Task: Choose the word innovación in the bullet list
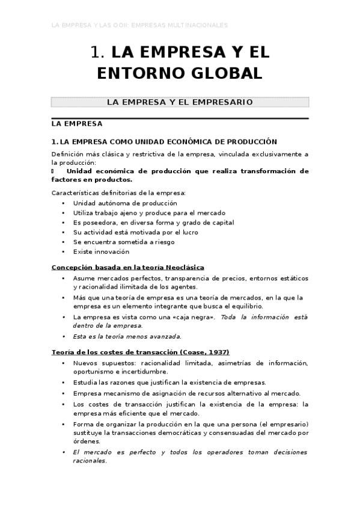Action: [x=112, y=251]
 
